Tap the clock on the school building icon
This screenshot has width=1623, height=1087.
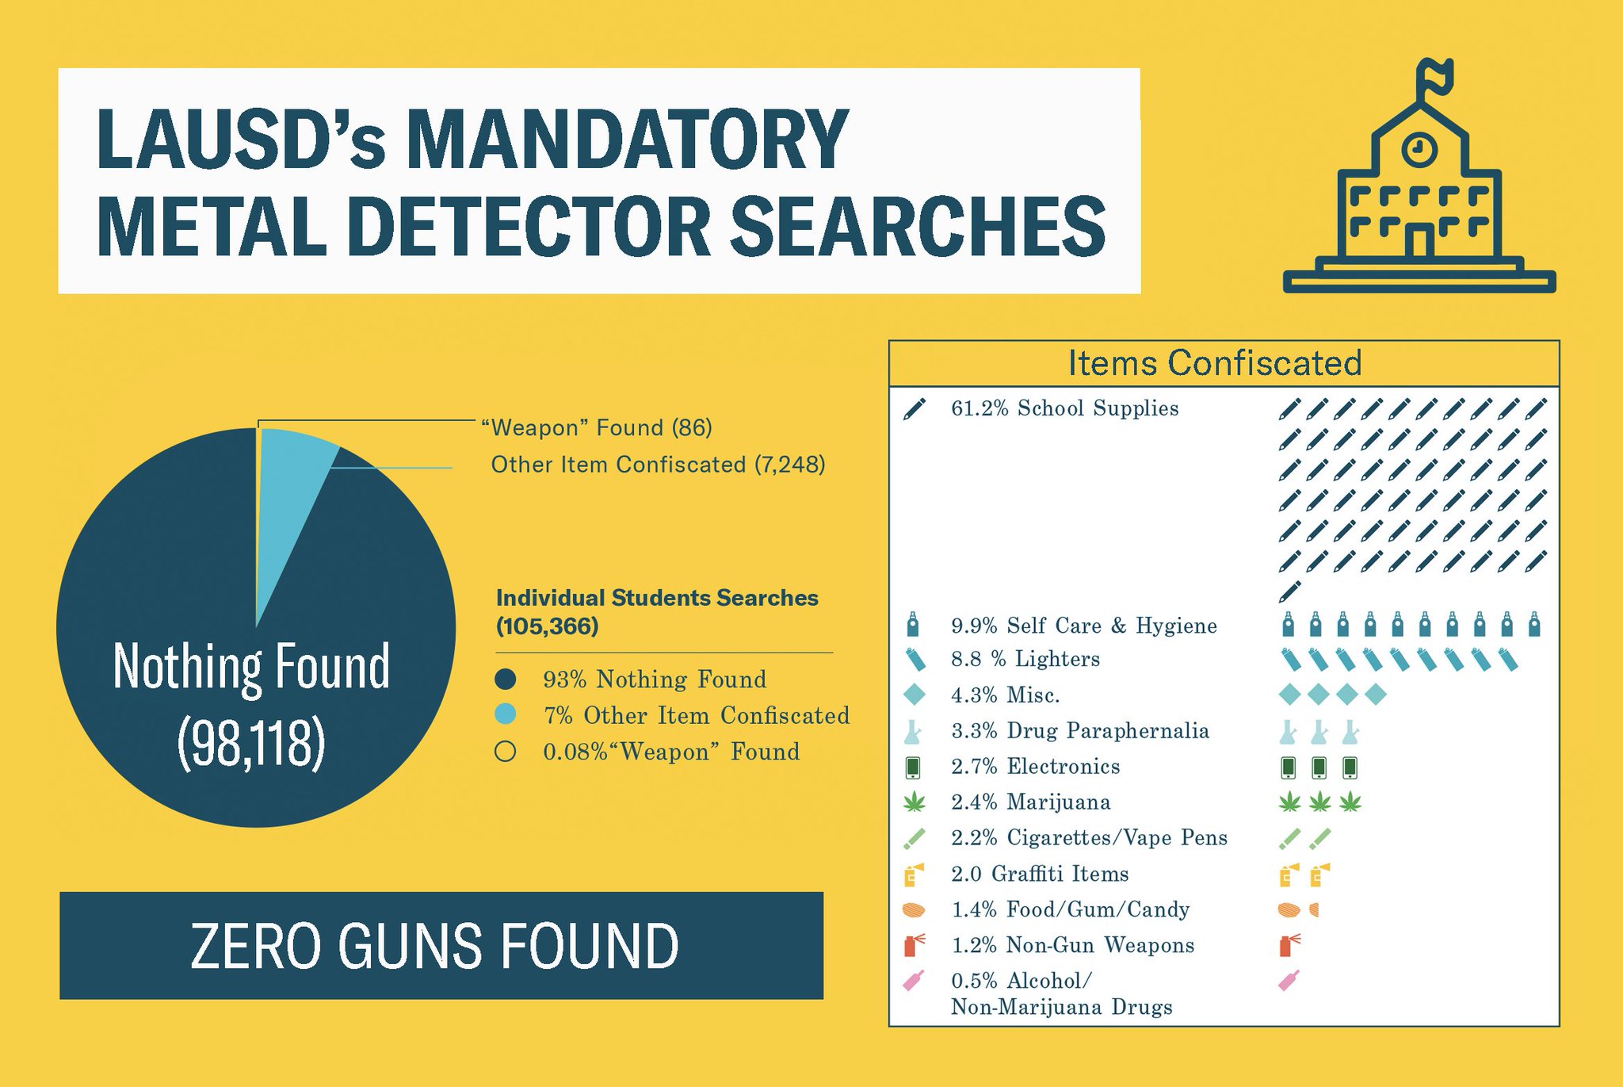1419,148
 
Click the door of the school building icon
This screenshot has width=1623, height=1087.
1419,241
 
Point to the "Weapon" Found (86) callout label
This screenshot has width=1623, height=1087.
597,428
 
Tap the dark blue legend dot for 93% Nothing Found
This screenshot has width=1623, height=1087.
506,679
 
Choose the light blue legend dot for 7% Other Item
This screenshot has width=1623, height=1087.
506,715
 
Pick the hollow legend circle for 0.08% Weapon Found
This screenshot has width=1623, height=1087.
506,752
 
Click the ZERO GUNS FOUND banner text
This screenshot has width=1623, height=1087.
434,945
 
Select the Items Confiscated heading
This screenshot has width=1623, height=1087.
1214,363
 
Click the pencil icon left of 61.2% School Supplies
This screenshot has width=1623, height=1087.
914,410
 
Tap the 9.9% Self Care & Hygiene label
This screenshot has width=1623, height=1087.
1083,626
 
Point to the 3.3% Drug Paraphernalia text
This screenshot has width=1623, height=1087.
1079,731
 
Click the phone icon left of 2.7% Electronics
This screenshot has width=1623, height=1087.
913,767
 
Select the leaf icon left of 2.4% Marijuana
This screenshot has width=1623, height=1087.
914,802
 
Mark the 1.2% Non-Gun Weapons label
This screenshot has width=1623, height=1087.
1072,945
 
